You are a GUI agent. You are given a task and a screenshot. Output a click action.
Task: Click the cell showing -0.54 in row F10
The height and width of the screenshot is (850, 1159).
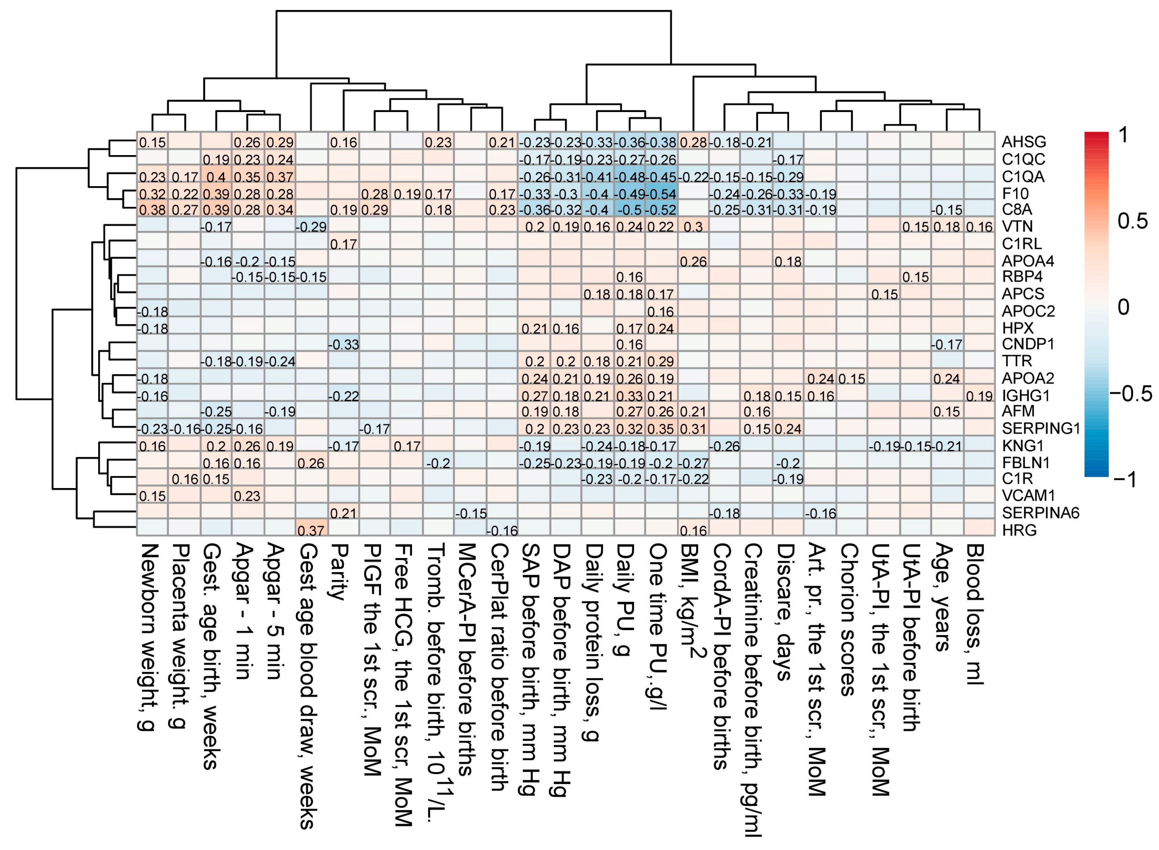(x=661, y=194)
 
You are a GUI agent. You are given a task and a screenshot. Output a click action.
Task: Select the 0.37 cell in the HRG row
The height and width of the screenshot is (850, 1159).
(x=311, y=530)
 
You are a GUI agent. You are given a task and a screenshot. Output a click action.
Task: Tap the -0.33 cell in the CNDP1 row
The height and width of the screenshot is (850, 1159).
(x=343, y=344)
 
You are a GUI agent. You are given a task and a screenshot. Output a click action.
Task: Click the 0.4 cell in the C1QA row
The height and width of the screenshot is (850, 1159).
(x=216, y=176)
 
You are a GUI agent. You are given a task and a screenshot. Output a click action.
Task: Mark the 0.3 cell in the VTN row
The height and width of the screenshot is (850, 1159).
(x=693, y=227)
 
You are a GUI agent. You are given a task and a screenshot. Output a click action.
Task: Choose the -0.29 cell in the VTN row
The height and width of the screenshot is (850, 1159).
(x=311, y=227)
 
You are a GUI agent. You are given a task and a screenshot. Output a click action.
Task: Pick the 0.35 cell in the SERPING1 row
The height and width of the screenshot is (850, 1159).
(x=661, y=428)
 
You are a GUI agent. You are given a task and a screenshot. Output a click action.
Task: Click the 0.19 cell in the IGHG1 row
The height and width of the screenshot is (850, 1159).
(x=979, y=396)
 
